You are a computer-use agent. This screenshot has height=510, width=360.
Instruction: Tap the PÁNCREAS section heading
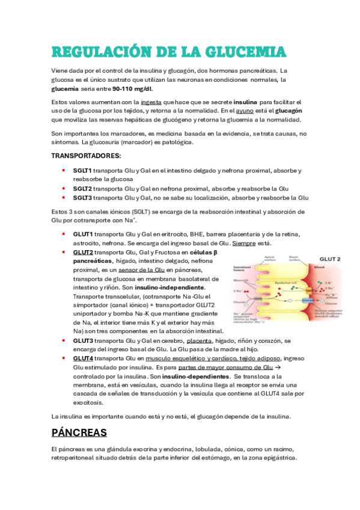79,432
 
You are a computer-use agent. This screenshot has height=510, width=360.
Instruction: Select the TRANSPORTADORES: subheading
86,156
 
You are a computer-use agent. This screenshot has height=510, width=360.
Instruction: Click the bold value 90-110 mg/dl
130,88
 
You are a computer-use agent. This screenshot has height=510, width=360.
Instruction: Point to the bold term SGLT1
83,170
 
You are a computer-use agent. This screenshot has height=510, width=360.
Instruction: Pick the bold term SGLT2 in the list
83,188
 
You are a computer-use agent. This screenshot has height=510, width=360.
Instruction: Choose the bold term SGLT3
83,197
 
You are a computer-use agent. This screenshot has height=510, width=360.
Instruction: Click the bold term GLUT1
83,234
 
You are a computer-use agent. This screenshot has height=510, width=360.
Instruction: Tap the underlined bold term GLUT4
83,358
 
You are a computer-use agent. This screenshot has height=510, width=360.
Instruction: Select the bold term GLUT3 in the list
83,340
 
